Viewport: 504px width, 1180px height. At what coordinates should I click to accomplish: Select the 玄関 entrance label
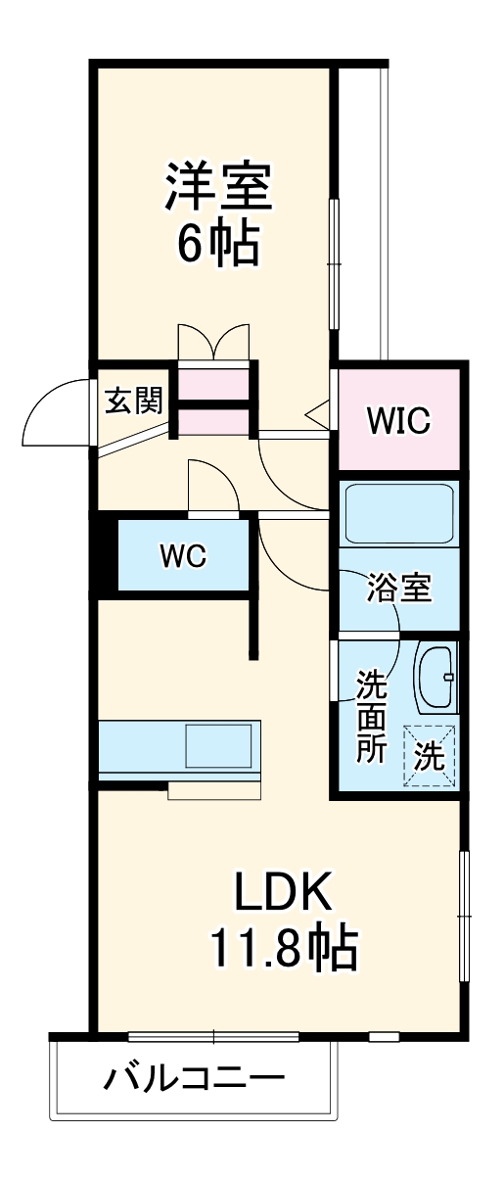coord(134,401)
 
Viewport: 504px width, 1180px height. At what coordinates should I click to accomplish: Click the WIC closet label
coord(398,420)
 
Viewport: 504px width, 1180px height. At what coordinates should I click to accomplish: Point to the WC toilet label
coord(183,556)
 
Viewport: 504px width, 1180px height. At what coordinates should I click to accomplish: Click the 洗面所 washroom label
coord(371,715)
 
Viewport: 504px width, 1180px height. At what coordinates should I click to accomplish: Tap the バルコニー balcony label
coord(194,1080)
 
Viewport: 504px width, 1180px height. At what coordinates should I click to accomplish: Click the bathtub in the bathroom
coord(398,514)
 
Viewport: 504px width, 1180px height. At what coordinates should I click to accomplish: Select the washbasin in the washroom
coord(435,678)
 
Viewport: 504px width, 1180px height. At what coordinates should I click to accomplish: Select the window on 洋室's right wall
coord(334,264)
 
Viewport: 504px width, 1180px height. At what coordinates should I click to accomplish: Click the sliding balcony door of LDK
coord(213,1036)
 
